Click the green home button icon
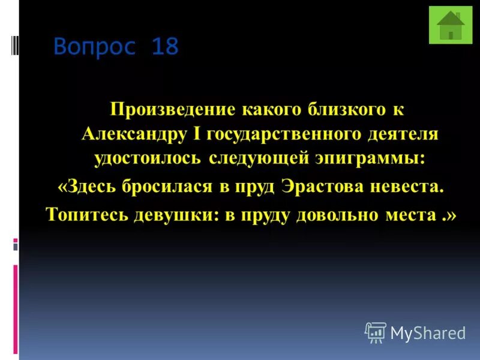click(x=451, y=25)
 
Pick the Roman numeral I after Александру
click(x=199, y=134)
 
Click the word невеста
click(x=410, y=187)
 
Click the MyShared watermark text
click(x=428, y=333)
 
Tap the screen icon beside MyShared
click(x=375, y=332)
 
